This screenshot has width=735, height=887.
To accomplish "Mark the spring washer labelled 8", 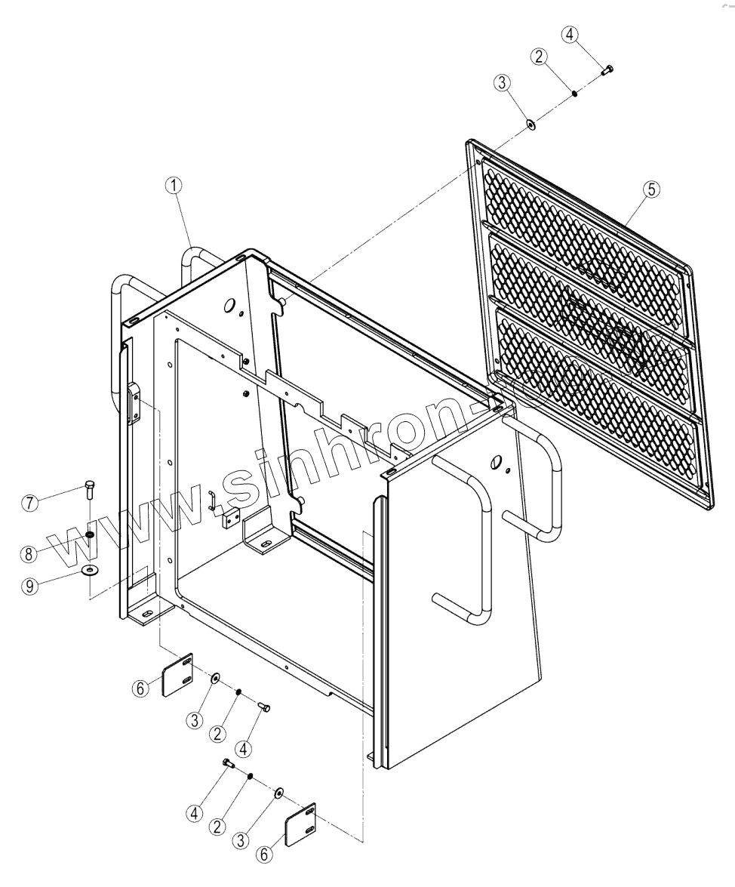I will pos(90,534).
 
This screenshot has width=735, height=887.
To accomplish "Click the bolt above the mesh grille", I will pos(607,69).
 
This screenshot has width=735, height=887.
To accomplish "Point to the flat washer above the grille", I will pos(530,123).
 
